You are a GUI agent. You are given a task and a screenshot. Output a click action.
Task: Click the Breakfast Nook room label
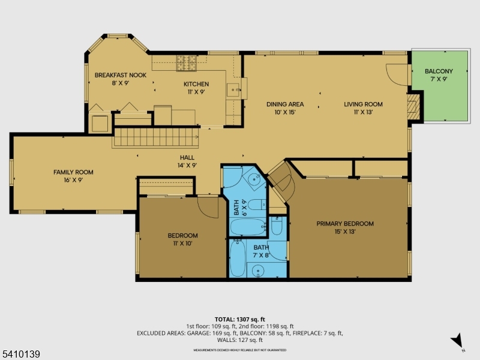coord(120,79)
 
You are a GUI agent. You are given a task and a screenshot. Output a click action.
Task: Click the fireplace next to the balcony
coord(412,107)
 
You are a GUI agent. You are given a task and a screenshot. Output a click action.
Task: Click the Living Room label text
coord(363,108)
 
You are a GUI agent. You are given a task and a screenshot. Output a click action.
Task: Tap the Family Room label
coord(73,176)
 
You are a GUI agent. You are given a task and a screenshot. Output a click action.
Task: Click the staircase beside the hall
coord(155,138)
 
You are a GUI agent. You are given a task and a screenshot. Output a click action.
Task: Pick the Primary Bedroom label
coord(345,227)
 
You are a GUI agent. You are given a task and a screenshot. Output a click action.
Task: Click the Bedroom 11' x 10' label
coord(182,239)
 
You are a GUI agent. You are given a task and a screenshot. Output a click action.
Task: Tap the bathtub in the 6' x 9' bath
coord(247,227)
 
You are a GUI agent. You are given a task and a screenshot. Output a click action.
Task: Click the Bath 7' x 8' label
coord(261,251)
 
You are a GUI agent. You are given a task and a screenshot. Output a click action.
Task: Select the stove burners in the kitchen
coord(186,60)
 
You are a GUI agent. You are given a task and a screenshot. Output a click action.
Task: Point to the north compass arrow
coord(458,340)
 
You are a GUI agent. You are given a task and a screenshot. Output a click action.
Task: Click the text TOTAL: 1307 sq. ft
coord(239,319)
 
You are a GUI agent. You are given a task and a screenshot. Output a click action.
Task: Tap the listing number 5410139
coord(21,355)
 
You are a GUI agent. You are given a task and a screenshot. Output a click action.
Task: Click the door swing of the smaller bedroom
coord(208,208)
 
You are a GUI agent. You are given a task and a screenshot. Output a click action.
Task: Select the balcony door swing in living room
coord(397,74)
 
